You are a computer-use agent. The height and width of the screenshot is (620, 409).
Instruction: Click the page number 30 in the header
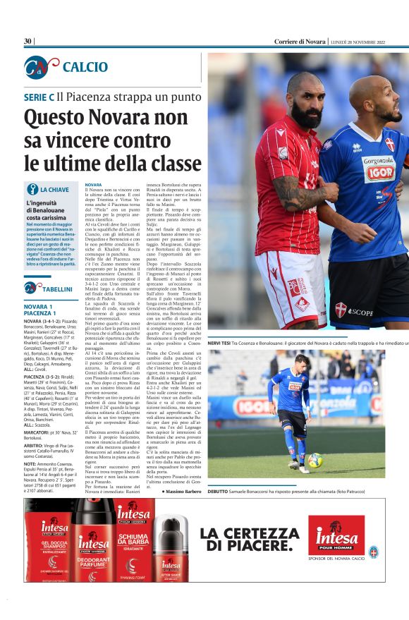[28, 42]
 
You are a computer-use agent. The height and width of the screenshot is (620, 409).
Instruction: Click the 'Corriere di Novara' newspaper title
[300, 42]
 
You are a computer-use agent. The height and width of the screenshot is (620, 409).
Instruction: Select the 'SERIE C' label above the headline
[39, 97]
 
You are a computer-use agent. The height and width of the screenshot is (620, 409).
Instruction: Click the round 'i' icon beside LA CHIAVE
[32, 189]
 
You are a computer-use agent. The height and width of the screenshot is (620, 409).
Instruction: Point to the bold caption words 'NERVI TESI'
[221, 342]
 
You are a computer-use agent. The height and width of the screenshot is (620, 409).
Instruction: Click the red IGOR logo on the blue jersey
[379, 173]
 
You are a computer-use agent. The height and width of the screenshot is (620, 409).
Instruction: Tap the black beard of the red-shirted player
[308, 114]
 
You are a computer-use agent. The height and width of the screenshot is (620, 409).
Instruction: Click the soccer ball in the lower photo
[315, 460]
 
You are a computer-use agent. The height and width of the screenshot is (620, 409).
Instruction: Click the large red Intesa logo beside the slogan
[336, 535]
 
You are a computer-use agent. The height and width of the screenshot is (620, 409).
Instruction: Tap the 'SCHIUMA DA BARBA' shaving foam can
[133, 543]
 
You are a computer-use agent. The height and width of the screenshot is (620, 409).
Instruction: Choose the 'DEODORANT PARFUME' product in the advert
[94, 547]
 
